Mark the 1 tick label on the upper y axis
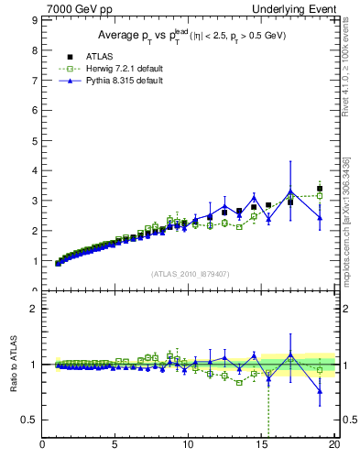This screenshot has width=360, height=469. tap(36, 261)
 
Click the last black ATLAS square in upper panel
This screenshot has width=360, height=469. tap(320, 189)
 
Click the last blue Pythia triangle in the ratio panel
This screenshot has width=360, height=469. tap(320, 391)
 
